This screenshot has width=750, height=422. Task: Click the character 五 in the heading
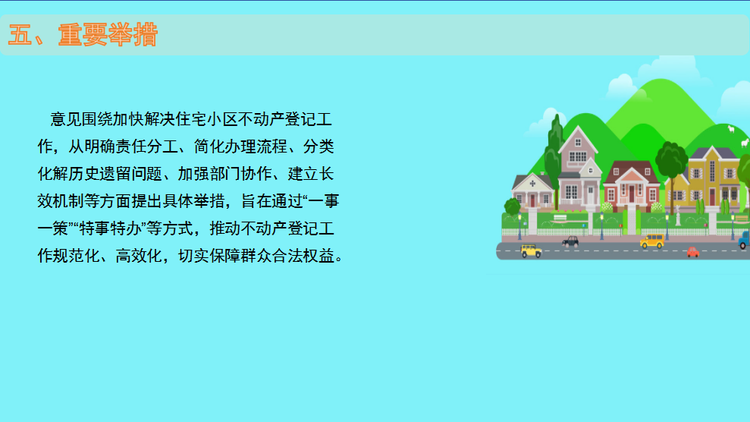[x=20, y=34]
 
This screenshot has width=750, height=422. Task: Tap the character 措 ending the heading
[x=146, y=34]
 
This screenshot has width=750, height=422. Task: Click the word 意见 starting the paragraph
[x=66, y=119]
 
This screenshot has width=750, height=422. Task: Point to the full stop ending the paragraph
[x=339, y=259]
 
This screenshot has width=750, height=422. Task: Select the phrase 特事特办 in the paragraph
[x=111, y=228]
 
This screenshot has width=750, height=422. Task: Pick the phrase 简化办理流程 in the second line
[x=240, y=146]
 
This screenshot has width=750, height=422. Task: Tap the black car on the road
[x=570, y=241]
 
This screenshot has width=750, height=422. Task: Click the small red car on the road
[x=693, y=252]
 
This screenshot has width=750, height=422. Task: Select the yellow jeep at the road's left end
[x=531, y=250]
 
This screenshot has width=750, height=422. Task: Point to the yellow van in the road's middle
[x=652, y=241]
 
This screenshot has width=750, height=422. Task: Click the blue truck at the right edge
[x=744, y=240]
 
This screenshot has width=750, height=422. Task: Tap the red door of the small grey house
[x=532, y=200]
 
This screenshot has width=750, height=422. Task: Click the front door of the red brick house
[x=632, y=194]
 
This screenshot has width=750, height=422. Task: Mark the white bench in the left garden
[x=560, y=218]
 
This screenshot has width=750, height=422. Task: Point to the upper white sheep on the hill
[x=731, y=129]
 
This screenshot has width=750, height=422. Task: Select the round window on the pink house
[x=591, y=170]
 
